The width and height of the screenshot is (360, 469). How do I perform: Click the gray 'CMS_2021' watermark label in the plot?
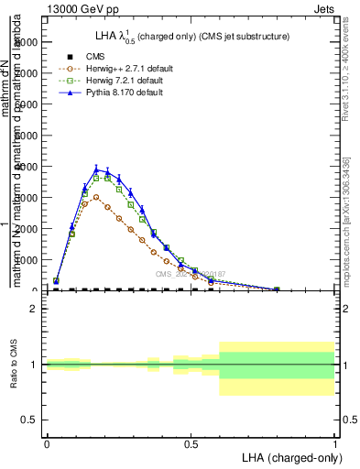coord(189,273)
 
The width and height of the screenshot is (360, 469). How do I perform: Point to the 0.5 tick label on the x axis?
coord(191,443)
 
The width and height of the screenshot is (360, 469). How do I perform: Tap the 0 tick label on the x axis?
coord(47,443)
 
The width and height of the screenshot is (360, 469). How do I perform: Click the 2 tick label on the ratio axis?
coord(34,309)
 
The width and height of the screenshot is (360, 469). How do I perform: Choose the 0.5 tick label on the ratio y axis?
coord(29,420)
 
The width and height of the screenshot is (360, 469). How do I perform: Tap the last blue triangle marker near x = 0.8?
coord(277,289)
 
